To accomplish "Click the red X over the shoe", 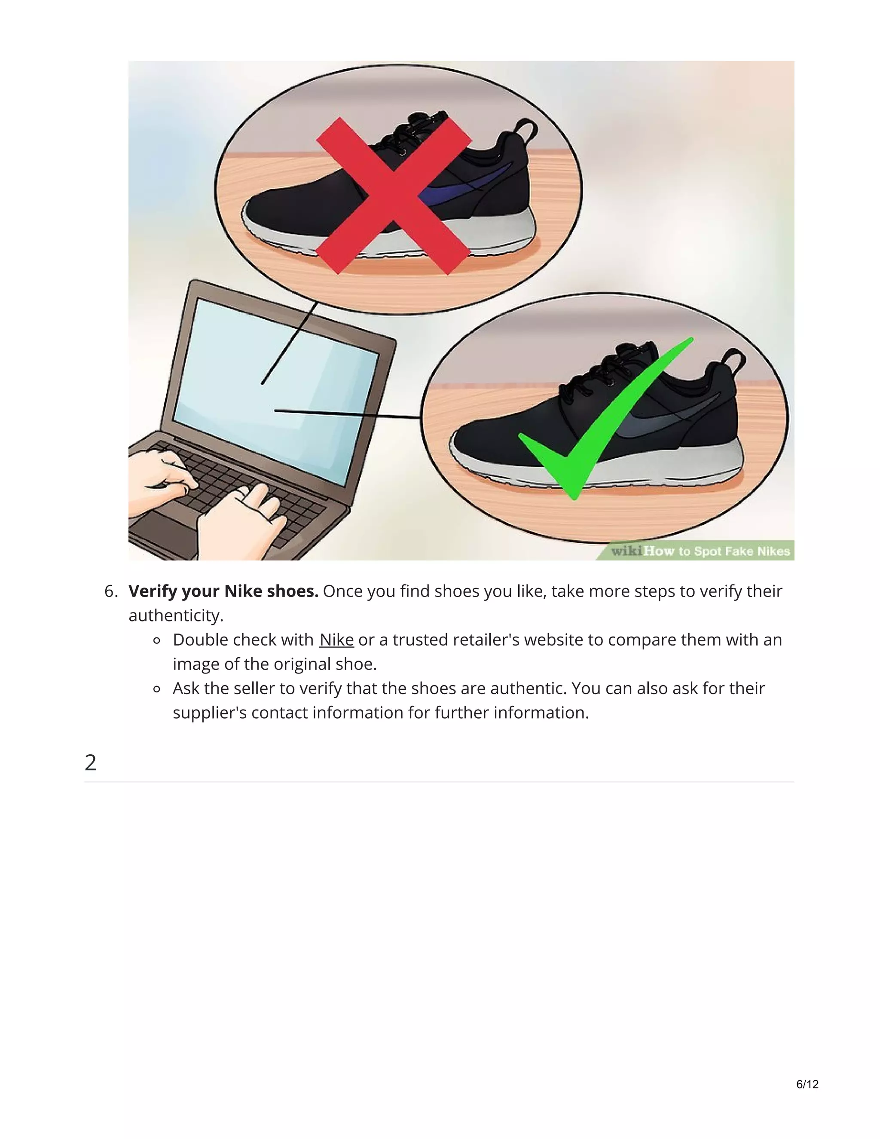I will [x=394, y=196].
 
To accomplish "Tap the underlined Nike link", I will [x=336, y=640].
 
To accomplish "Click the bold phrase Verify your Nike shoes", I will [x=223, y=591].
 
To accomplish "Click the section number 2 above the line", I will [x=90, y=762].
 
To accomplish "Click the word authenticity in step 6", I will [x=176, y=616].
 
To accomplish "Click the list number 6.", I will [x=110, y=591].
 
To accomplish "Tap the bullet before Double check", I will [x=157, y=641].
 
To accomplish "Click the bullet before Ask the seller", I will [x=157, y=689].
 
